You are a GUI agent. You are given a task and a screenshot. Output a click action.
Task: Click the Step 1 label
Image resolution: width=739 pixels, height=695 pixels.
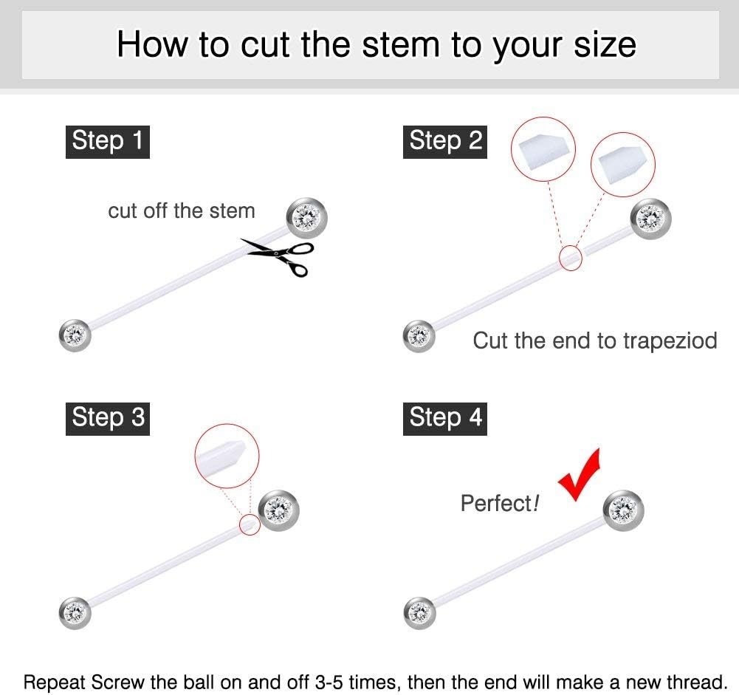click(108, 142)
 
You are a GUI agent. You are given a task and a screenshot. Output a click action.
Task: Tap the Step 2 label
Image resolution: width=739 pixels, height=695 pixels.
click(445, 142)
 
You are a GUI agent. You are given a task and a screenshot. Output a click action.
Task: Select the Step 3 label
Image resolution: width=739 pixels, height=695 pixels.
click(108, 419)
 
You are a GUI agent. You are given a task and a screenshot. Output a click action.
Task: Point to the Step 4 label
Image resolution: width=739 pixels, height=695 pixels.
click(445, 419)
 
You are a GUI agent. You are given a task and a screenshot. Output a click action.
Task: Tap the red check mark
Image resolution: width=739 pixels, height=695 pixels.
click(580, 475)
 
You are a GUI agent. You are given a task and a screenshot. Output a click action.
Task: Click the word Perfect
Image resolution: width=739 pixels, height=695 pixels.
click(496, 503)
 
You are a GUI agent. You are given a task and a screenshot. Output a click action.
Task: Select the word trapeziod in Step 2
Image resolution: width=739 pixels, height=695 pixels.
click(670, 340)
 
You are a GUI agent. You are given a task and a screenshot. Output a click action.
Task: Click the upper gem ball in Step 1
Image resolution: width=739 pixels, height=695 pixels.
click(307, 218)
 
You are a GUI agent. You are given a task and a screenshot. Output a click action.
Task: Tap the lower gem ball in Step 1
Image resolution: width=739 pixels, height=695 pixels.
click(75, 335)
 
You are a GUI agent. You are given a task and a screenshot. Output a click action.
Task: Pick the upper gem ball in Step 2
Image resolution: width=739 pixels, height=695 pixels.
click(650, 219)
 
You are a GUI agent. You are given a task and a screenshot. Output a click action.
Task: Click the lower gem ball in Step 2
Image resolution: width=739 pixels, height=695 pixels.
click(419, 336)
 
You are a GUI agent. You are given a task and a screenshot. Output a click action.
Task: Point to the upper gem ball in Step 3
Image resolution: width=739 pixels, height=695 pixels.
click(279, 510)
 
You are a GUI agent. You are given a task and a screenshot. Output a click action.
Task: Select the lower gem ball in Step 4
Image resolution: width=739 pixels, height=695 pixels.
click(419, 613)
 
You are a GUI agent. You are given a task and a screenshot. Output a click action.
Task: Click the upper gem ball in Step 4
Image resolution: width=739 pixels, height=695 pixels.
click(623, 510)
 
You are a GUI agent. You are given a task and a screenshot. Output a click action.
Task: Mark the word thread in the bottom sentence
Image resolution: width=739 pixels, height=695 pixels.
click(694, 682)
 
